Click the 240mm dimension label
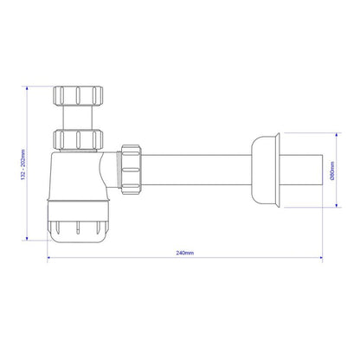click(183, 253)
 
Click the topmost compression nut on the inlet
click(77, 93)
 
